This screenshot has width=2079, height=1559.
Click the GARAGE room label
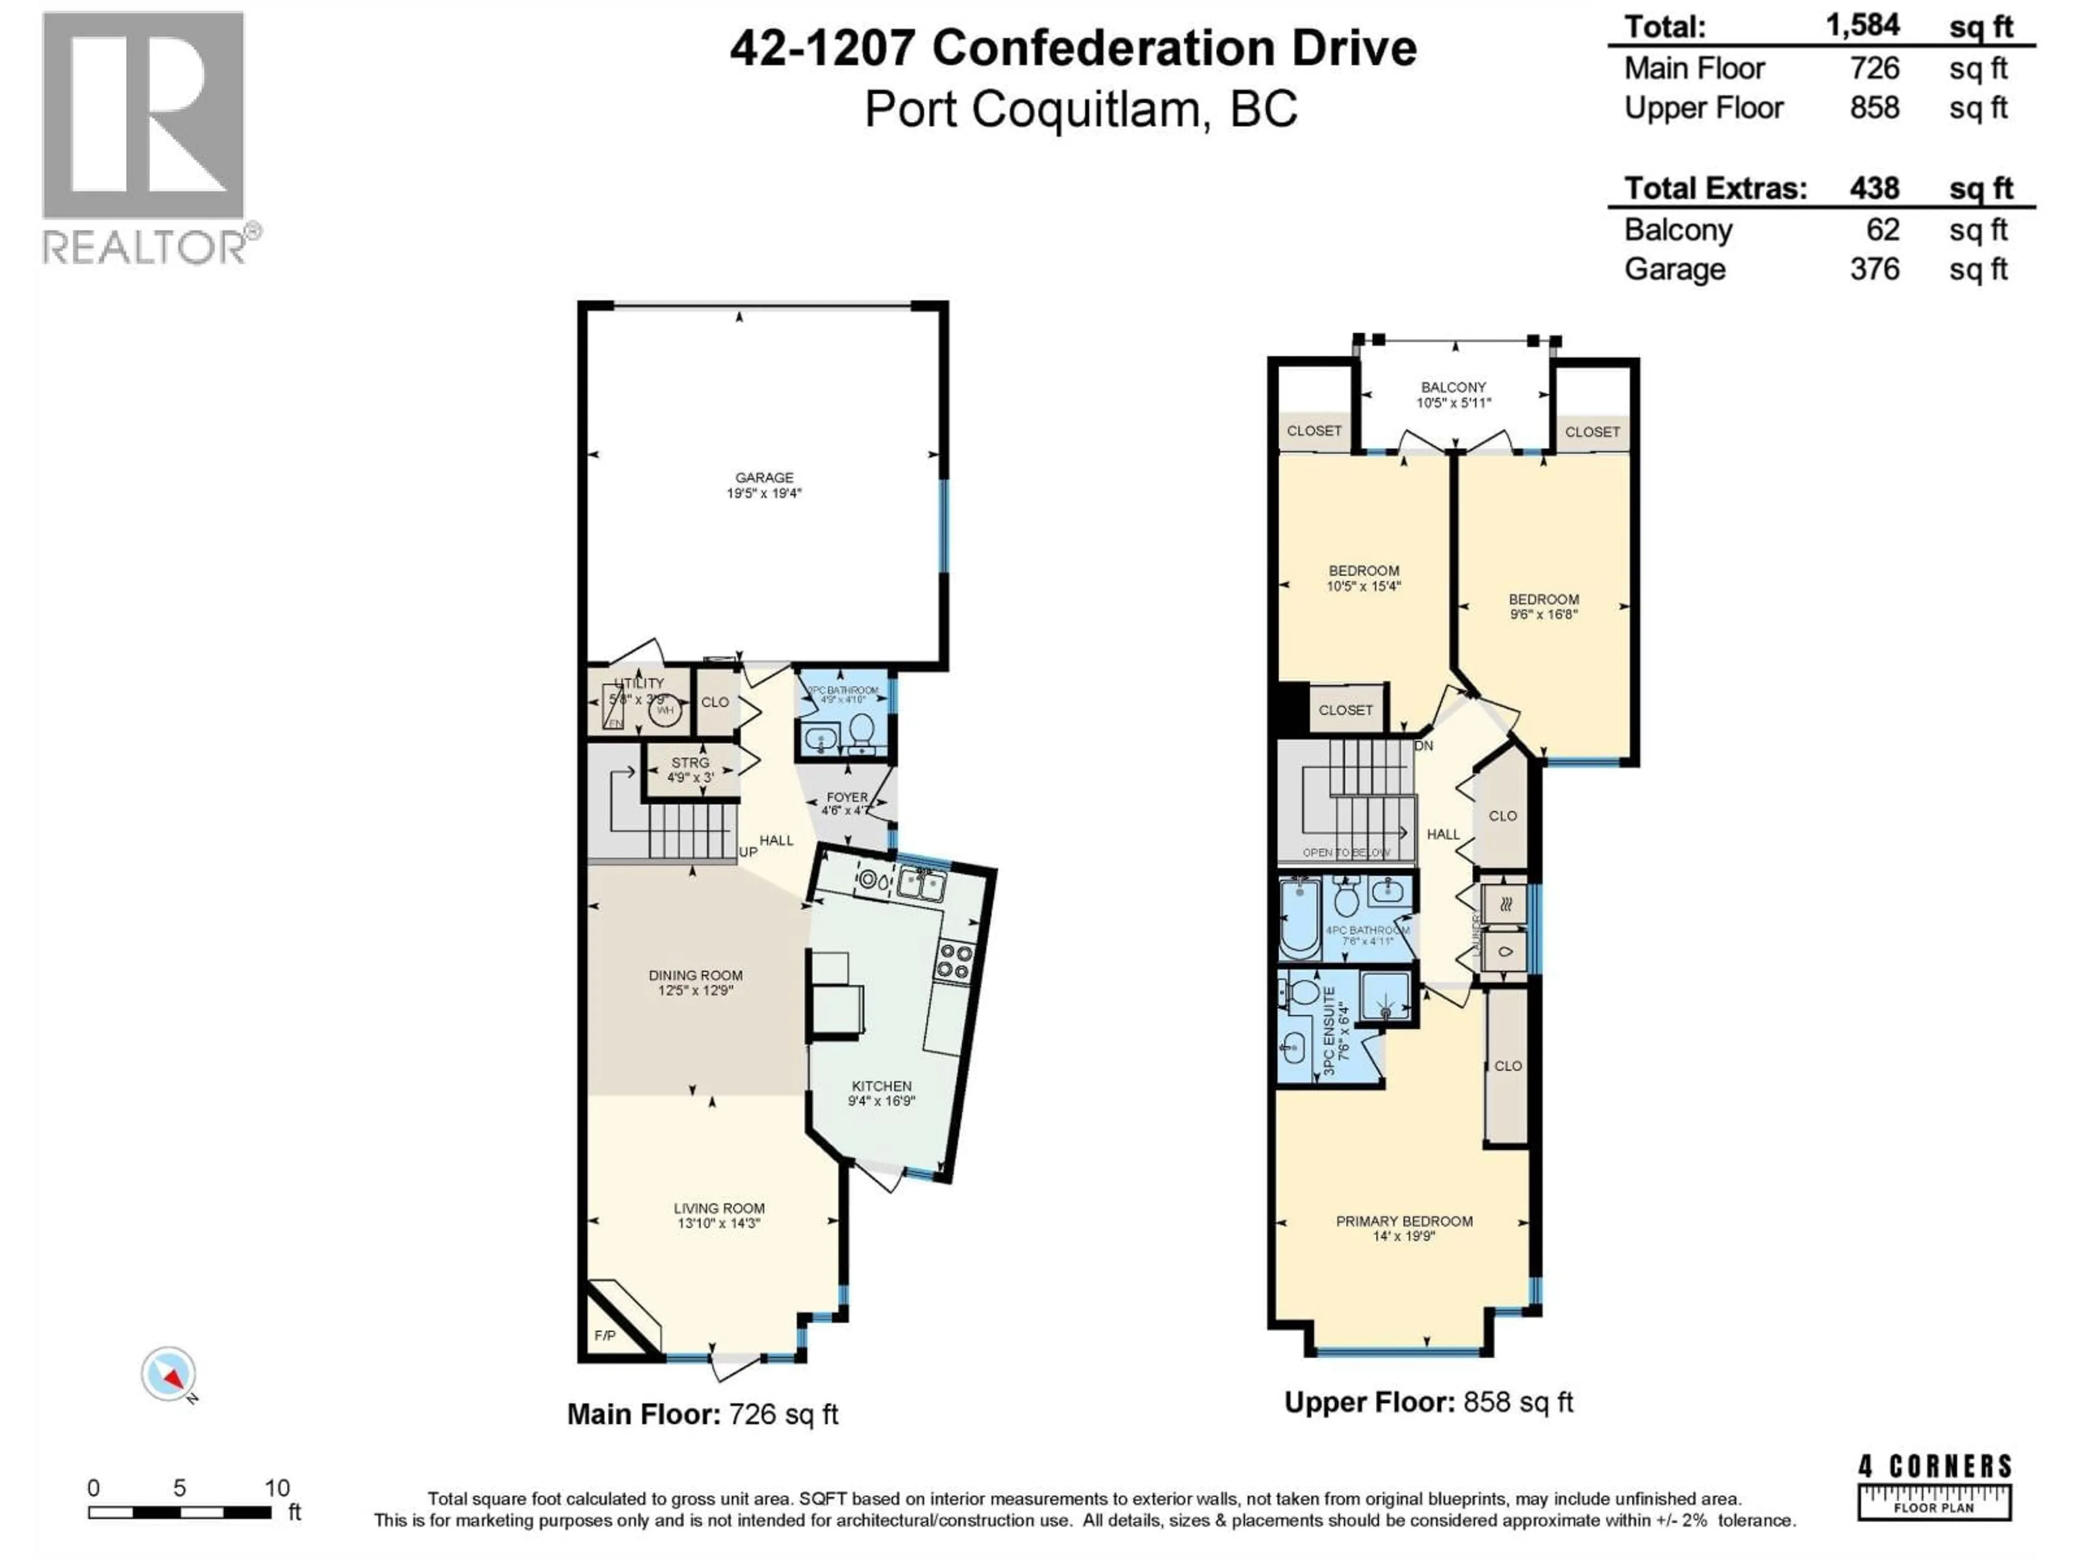pos(763,477)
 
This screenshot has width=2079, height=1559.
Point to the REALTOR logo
pos(146,137)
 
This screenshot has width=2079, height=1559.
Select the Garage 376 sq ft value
pos(1874,270)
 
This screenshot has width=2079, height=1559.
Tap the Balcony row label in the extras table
pos(1678,230)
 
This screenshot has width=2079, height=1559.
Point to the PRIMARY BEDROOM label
pos(1404,1221)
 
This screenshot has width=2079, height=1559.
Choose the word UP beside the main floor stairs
pos(748,853)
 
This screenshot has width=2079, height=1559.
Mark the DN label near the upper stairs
pos(1423,746)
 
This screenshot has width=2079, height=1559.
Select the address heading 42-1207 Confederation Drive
pos(1073,49)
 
